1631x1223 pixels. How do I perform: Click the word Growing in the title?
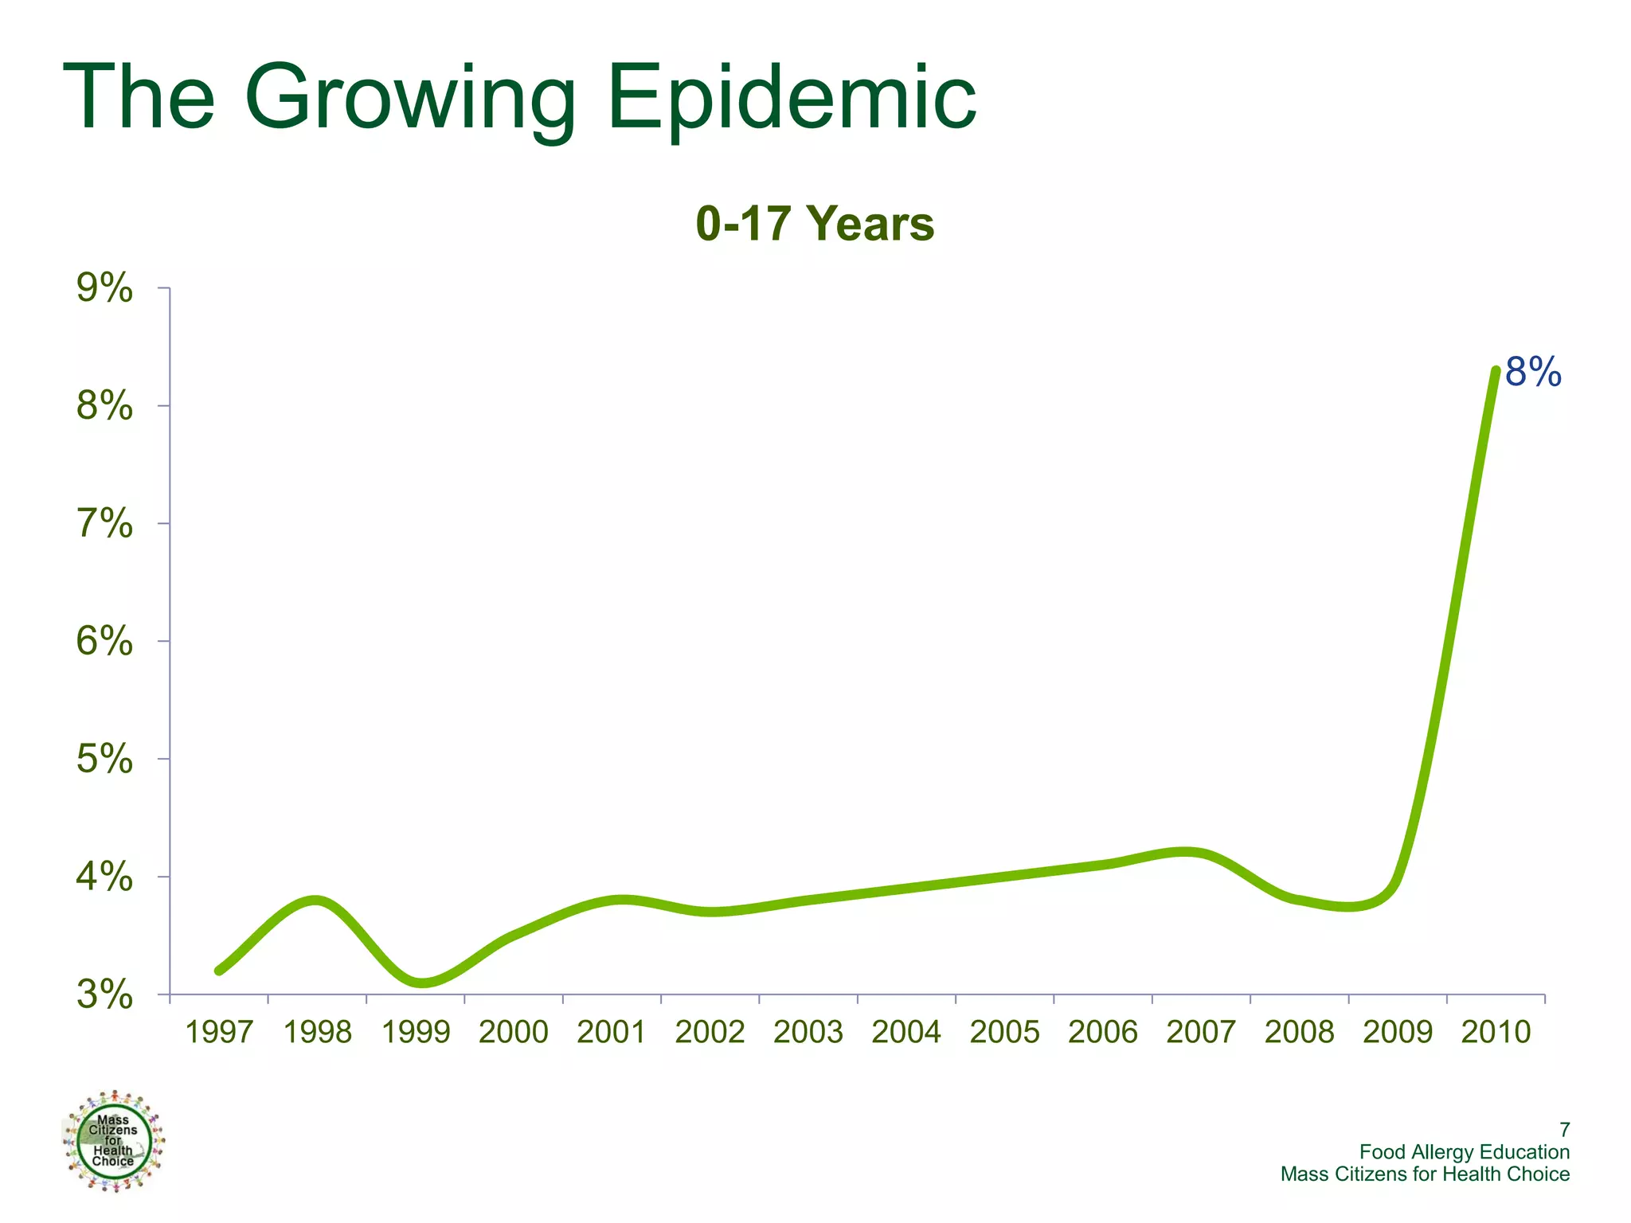(410, 98)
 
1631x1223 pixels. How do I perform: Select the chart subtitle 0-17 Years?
(815, 224)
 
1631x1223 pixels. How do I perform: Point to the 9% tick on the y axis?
(104, 287)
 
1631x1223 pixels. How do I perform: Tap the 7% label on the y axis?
(104, 523)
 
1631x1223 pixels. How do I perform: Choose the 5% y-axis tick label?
(104, 759)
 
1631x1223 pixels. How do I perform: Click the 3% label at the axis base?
(104, 994)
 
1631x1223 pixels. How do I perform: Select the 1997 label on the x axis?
(219, 1032)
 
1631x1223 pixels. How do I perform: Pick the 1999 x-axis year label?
(416, 1032)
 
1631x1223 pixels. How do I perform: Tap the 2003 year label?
(808, 1032)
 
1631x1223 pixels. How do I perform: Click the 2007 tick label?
(1201, 1032)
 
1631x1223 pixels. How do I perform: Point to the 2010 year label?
(1496, 1032)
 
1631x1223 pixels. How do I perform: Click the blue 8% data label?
(1533, 372)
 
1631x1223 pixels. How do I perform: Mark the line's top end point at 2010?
(1496, 371)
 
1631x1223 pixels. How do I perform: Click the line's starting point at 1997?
(219, 971)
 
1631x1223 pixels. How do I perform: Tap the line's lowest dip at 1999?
(422, 983)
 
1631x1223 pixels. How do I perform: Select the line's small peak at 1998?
(316, 901)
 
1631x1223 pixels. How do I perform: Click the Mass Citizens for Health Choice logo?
(113, 1141)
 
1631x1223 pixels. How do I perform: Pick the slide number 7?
(1564, 1130)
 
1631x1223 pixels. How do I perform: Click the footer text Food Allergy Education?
(1464, 1152)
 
